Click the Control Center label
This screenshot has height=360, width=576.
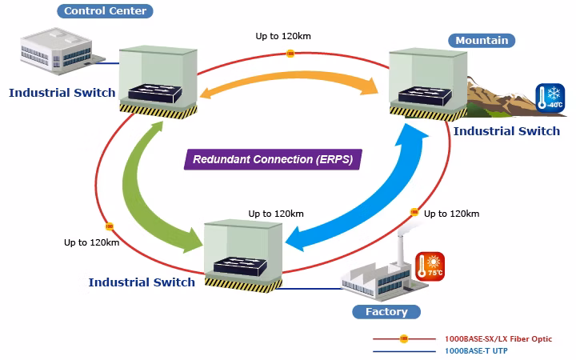pyautogui.click(x=105, y=11)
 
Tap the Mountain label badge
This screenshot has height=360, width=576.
pyautogui.click(x=482, y=41)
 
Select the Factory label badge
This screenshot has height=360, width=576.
pyautogui.click(x=386, y=312)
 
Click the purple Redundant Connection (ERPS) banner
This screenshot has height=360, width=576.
pyautogui.click(x=273, y=159)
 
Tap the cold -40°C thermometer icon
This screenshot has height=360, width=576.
pyautogui.click(x=550, y=98)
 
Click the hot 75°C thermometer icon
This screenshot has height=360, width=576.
pyautogui.click(x=430, y=266)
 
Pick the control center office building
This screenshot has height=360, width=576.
pyautogui.click(x=58, y=51)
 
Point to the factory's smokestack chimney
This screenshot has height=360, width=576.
pyautogui.click(x=401, y=250)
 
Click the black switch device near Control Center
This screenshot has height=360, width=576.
pyautogui.click(x=155, y=94)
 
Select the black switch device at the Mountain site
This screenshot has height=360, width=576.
pyautogui.click(x=425, y=95)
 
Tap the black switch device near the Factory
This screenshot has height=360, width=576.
pyautogui.click(x=240, y=266)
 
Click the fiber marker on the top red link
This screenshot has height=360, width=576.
pyautogui.click(x=290, y=54)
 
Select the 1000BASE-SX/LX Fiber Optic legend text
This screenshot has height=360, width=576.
pyautogui.click(x=498, y=339)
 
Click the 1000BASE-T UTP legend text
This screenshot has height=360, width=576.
pyautogui.click(x=476, y=351)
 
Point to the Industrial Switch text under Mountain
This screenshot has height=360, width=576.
pyautogui.click(x=506, y=131)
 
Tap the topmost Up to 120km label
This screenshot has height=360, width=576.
pyautogui.click(x=283, y=36)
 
